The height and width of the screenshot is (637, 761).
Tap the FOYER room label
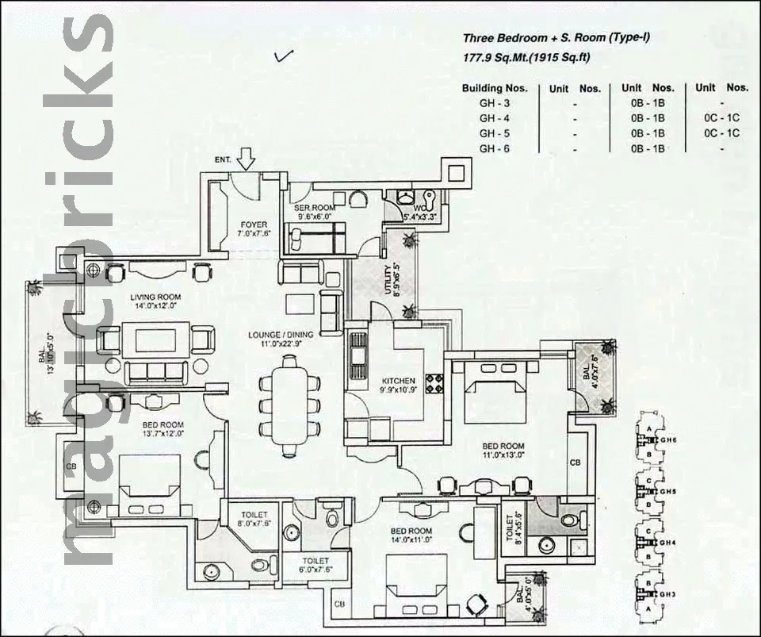(x=254, y=224)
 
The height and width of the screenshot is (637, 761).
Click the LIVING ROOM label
(x=155, y=297)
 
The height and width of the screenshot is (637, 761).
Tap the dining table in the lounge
(x=289, y=401)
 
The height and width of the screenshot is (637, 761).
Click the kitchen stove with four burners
(x=434, y=383)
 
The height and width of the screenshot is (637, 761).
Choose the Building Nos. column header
(x=493, y=88)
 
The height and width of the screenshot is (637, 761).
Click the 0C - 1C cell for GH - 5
(x=721, y=133)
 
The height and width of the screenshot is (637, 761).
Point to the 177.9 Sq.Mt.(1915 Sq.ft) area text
(x=526, y=57)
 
